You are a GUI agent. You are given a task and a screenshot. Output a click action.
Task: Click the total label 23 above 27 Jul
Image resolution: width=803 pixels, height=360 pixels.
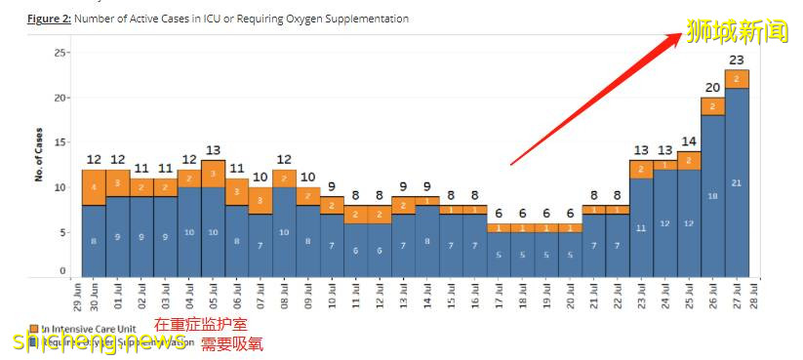click(x=737, y=60)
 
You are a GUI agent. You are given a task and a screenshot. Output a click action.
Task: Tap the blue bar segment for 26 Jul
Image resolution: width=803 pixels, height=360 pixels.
click(x=712, y=195)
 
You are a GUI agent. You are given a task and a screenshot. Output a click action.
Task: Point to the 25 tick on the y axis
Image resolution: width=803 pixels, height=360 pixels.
click(x=61, y=53)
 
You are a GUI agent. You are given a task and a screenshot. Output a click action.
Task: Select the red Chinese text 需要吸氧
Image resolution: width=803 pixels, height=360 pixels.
click(x=231, y=343)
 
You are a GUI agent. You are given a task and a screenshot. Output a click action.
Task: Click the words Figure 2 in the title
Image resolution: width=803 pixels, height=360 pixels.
click(x=48, y=19)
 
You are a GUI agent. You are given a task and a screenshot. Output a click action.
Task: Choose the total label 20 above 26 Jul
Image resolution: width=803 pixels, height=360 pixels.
click(x=712, y=88)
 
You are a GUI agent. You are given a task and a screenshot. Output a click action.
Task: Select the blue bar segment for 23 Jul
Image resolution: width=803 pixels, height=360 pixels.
click(x=641, y=228)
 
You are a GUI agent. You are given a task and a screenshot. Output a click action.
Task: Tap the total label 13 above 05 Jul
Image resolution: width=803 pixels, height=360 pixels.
click(x=213, y=150)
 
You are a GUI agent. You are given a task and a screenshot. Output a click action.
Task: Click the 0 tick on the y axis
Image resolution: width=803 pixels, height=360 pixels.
click(x=63, y=271)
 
